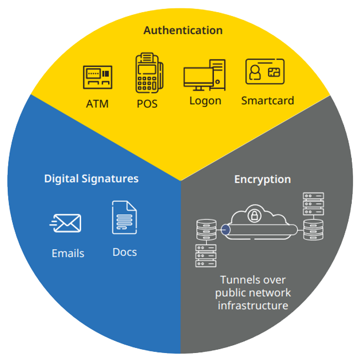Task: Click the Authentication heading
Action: point(183,30)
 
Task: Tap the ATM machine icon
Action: point(98,77)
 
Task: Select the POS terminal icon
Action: point(149,73)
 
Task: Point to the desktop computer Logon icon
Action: point(204,75)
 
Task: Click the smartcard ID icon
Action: point(265,72)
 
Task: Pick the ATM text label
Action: point(97,104)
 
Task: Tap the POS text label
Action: point(147,104)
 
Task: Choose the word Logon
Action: point(205,101)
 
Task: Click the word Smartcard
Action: point(267,100)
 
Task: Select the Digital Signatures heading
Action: point(91,179)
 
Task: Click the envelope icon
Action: point(65,223)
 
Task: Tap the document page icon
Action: point(125,217)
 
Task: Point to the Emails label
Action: point(68,253)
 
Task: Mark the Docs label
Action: point(125,253)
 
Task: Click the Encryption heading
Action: point(262,179)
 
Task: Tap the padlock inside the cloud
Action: point(255,216)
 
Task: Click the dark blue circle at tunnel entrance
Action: point(225,230)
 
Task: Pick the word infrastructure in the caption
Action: point(253,306)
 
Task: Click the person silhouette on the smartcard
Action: point(255,72)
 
